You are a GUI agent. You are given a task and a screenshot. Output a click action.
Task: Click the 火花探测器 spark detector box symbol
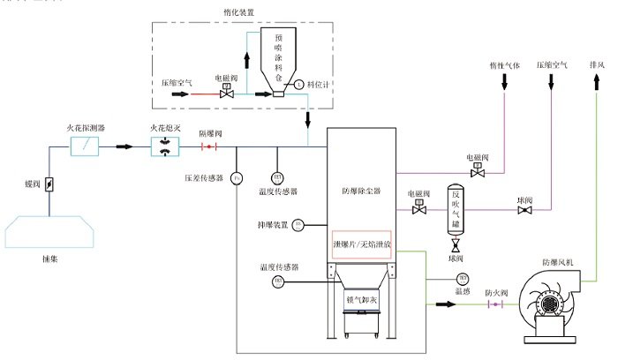(x=86, y=146)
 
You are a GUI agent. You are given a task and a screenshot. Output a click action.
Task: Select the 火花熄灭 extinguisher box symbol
(x=165, y=146)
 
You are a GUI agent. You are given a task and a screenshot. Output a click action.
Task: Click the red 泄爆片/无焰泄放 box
(x=361, y=244)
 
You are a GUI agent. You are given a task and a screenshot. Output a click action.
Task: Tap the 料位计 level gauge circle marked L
(x=298, y=85)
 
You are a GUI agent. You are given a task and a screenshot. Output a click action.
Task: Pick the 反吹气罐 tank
(x=456, y=211)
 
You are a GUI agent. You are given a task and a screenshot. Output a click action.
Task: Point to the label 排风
(x=597, y=65)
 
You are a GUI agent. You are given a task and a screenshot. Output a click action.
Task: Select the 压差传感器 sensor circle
(x=236, y=178)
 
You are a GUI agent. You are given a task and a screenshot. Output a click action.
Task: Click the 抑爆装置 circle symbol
(x=298, y=224)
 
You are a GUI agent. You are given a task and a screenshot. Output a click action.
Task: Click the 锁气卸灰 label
(x=360, y=299)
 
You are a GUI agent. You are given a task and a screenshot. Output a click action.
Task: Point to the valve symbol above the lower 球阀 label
(x=456, y=246)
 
